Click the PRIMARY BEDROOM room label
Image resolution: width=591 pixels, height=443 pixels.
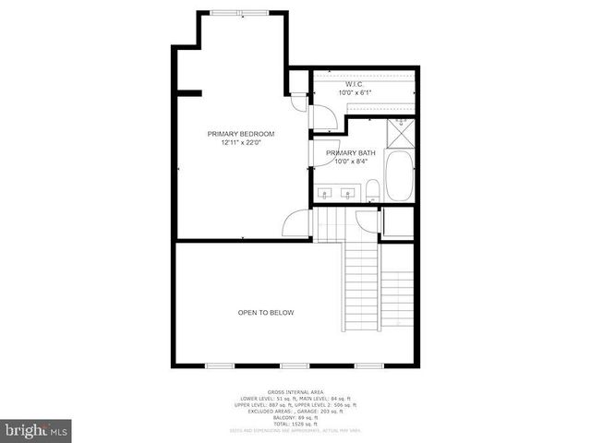pyautogui.click(x=241, y=134)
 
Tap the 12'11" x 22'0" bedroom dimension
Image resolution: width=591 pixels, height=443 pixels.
pyautogui.click(x=241, y=143)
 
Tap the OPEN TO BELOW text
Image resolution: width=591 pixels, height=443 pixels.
pyautogui.click(x=266, y=313)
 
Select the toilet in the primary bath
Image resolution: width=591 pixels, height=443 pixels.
pyautogui.click(x=372, y=191)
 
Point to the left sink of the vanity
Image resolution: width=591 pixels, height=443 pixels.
pyautogui.click(x=326, y=194)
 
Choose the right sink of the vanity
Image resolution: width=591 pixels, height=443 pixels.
pyautogui.click(x=347, y=194)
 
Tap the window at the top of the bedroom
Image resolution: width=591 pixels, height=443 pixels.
pyautogui.click(x=239, y=12)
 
